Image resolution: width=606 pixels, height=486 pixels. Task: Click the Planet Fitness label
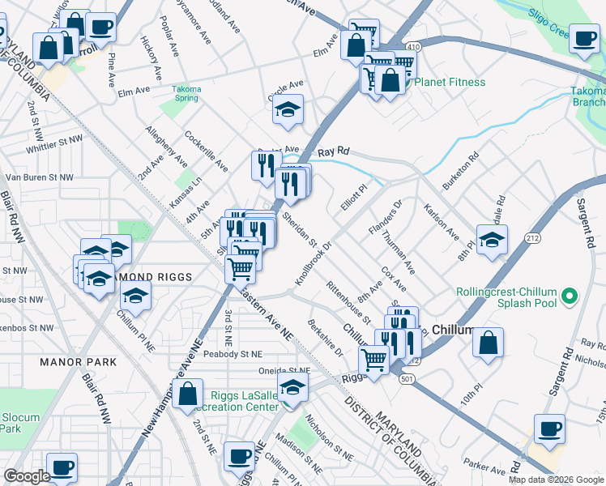point(449,82)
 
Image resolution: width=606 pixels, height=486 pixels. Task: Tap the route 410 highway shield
point(413,48)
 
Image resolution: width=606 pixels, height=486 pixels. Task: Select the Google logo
point(27,476)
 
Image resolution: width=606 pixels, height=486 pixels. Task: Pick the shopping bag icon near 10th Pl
point(489,342)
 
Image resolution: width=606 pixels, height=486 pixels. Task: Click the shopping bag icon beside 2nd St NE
point(187,394)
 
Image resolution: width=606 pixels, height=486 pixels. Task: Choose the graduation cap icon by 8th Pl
point(492,239)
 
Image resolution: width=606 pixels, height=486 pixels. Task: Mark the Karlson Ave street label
point(442,221)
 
